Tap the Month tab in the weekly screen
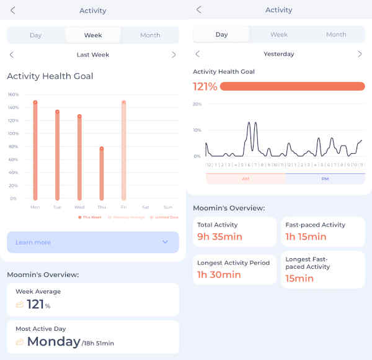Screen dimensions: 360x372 coord(150,35)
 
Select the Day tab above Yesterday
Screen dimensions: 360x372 coord(221,35)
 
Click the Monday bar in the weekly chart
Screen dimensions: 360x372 coord(35,149)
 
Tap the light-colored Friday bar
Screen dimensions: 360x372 coord(123,149)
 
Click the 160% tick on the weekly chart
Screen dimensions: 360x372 coord(13,95)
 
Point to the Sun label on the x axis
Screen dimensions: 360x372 coord(167,207)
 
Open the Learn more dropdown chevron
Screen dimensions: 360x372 coord(165,242)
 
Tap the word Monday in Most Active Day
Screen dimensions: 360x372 coord(53,341)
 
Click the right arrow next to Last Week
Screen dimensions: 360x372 coord(174,55)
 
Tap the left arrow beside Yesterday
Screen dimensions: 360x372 coord(198,54)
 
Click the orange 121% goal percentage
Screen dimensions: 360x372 coord(205,87)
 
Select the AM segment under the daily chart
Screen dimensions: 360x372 coord(246,179)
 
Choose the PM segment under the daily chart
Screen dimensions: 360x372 coord(325,179)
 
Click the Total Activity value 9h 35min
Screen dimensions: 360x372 coord(219,236)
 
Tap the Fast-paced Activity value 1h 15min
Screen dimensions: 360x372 coord(306,236)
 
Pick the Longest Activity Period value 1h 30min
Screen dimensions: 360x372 coord(219,274)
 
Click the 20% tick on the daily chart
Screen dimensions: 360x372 coord(197,104)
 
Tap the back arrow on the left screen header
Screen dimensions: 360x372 coord(13,10)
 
